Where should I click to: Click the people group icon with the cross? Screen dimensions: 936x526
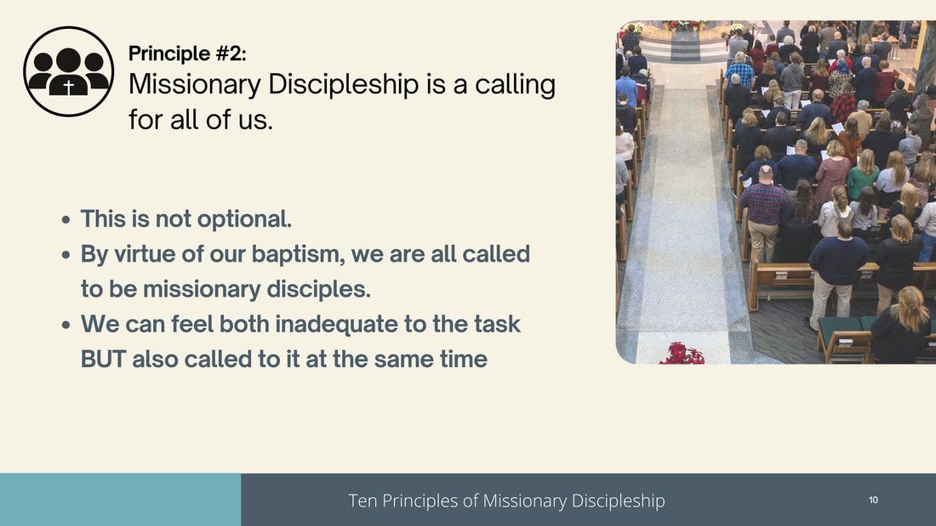click(69, 71)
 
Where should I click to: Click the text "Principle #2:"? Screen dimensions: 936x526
click(187, 54)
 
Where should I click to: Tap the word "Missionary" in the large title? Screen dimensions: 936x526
click(195, 85)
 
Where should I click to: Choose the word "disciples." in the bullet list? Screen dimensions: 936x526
click(318, 289)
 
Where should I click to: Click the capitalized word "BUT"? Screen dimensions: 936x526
click(103, 359)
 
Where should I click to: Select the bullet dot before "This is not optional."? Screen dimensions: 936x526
click(66, 220)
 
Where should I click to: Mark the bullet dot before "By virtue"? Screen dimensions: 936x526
click(66, 255)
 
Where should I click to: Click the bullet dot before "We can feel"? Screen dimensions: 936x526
click(66, 325)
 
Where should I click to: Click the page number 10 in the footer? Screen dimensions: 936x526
click(873, 500)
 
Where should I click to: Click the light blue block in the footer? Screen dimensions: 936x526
click(121, 500)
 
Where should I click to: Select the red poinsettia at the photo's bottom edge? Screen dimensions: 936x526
click(682, 353)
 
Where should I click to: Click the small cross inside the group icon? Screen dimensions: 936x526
click(69, 88)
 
